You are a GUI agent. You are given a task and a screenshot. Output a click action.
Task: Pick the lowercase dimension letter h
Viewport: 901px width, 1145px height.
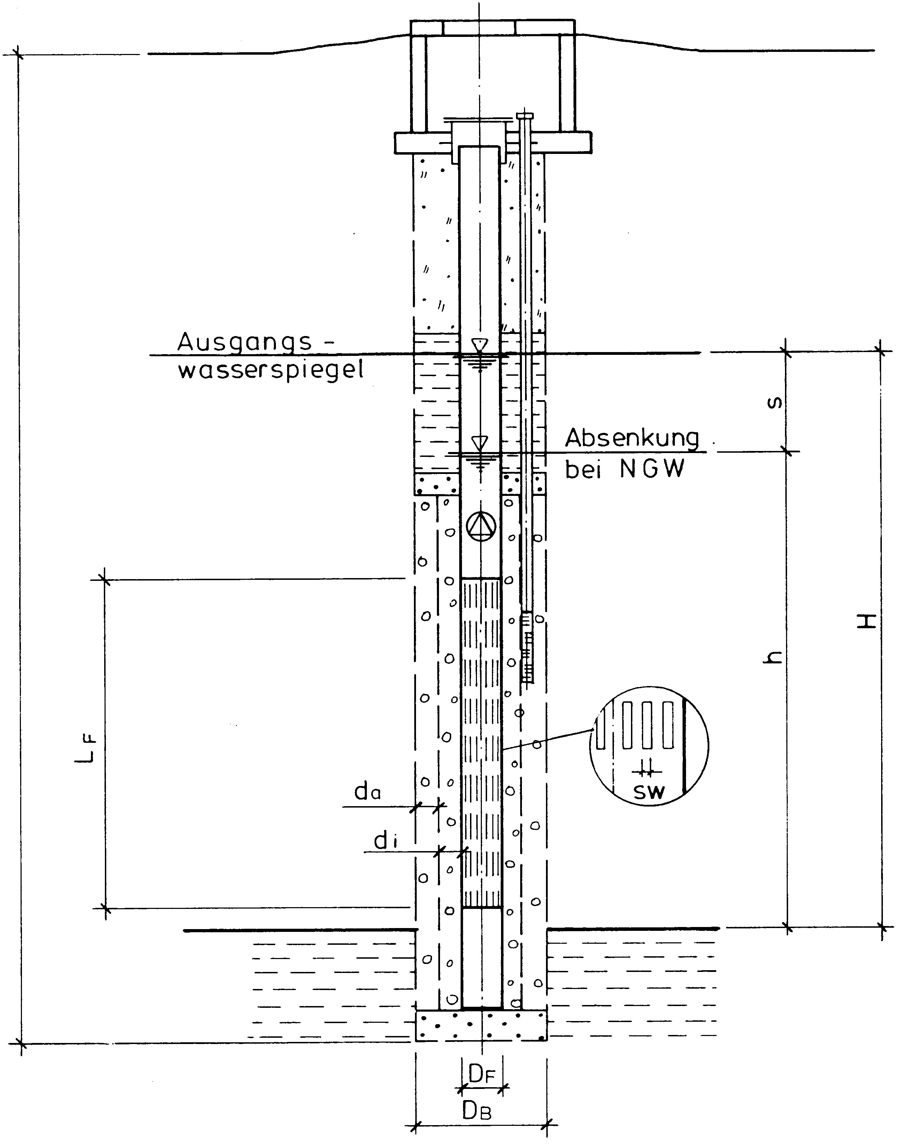click(774, 657)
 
